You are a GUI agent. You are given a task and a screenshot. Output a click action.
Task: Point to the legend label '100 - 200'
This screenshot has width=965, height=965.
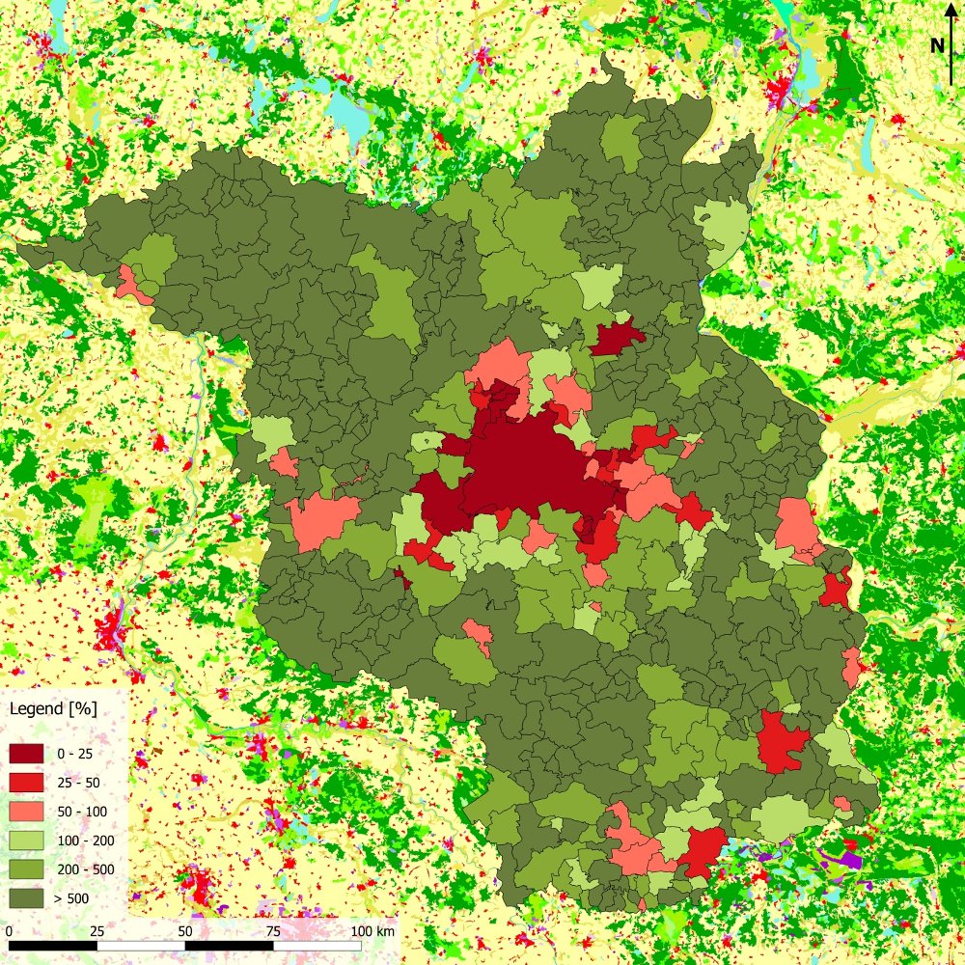click(x=87, y=841)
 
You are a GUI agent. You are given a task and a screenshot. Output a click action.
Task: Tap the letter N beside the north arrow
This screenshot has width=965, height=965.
click(x=937, y=45)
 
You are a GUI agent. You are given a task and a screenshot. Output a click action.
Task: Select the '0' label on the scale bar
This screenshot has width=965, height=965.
click(x=9, y=931)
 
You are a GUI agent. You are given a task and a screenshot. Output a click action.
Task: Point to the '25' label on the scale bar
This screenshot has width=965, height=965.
click(x=96, y=931)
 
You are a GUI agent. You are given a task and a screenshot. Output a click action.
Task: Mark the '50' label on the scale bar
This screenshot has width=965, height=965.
click(x=185, y=931)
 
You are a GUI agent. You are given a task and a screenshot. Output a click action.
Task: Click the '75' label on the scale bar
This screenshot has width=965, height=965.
click(x=273, y=931)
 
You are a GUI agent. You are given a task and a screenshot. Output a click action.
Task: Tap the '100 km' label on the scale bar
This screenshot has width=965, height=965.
click(x=372, y=931)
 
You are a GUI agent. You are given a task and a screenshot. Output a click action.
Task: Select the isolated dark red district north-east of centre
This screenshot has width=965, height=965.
click(x=615, y=338)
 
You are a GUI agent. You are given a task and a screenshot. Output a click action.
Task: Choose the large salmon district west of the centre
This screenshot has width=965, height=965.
click(x=321, y=521)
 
